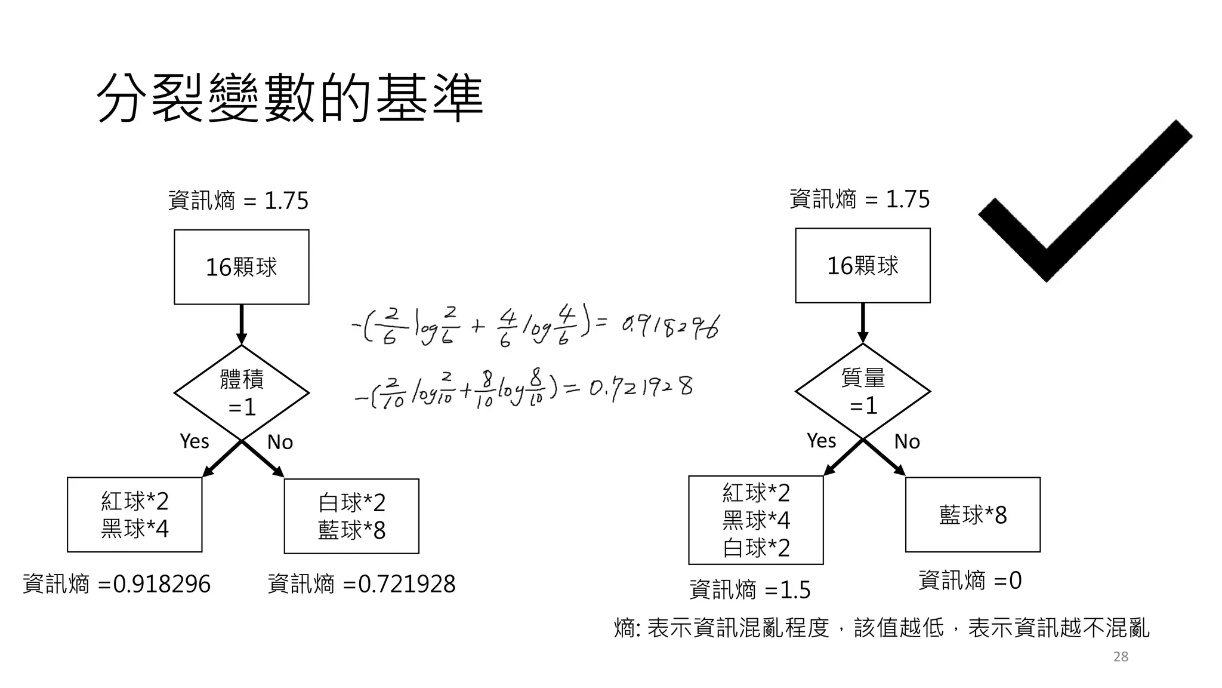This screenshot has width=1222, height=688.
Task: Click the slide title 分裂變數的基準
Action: point(289,99)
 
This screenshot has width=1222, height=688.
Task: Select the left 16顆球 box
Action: point(242,267)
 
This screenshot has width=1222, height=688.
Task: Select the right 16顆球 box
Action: point(863,266)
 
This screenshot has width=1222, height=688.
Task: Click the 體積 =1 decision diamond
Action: point(242,393)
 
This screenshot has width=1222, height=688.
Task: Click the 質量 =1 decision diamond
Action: point(863,392)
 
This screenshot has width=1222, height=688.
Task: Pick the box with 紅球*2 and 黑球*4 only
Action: point(135,515)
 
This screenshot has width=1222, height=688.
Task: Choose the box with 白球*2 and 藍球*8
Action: point(351,516)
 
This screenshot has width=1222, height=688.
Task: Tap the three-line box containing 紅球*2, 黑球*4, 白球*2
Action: point(756,520)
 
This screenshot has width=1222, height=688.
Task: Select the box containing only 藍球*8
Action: point(973,515)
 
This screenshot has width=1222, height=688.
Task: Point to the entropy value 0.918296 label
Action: point(117,584)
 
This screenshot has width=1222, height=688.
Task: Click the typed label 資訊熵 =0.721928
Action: point(362,584)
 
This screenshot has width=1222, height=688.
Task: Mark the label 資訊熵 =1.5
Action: point(750,590)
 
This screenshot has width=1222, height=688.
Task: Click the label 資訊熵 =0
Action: point(970,580)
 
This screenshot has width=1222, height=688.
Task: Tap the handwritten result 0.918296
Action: point(670,326)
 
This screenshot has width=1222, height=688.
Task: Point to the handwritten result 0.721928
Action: point(641,388)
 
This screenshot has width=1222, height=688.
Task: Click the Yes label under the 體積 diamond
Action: point(195,441)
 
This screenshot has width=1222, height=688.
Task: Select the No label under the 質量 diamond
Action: point(907,441)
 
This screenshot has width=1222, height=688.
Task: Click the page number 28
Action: point(1121,657)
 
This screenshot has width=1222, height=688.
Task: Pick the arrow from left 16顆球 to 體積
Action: point(242,324)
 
